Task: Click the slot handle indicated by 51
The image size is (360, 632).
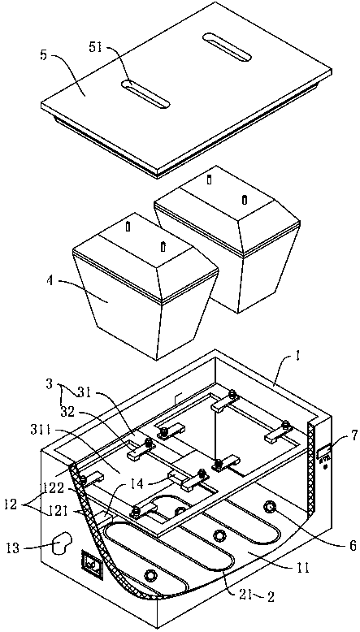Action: tap(145, 95)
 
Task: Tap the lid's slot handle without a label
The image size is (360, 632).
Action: tap(227, 47)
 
